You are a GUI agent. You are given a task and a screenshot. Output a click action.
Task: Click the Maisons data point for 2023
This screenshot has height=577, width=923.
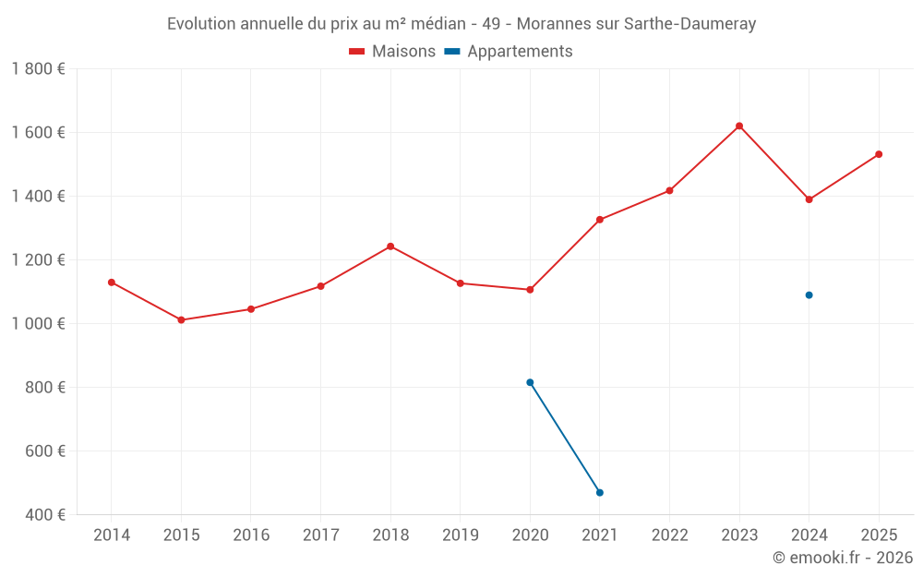739,126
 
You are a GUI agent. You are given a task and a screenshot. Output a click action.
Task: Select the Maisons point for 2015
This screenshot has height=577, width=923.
181,320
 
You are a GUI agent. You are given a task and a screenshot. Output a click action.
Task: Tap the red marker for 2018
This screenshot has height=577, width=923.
390,246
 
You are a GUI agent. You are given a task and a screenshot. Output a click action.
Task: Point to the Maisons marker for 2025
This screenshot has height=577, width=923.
879,154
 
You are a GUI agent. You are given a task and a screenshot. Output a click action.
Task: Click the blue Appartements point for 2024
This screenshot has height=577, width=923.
809,295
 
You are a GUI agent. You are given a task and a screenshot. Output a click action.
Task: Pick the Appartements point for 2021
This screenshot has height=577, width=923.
600,493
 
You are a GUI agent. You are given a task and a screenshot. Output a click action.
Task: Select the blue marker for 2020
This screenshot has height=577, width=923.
530,382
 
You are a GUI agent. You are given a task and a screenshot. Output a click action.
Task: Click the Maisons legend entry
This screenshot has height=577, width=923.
392,52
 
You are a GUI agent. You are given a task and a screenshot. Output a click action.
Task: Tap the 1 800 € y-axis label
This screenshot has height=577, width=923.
38,69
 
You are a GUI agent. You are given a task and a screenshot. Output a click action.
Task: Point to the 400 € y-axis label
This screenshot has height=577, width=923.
44,515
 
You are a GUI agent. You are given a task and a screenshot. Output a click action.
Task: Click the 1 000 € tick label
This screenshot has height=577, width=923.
38,324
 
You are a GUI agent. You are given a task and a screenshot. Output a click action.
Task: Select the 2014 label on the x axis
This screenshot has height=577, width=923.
112,535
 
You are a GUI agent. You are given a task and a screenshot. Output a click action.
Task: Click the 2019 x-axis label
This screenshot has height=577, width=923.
460,535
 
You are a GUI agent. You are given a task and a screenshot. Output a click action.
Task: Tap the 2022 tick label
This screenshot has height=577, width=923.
669,535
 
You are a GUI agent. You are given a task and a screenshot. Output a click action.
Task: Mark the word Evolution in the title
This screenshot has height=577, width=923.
201,24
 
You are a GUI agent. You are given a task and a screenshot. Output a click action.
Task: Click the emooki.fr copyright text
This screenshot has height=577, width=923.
843,558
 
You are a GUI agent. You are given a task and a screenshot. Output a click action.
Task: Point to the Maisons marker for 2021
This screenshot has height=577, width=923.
600,220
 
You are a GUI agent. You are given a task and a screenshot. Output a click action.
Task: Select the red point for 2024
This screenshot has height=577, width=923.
809,199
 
